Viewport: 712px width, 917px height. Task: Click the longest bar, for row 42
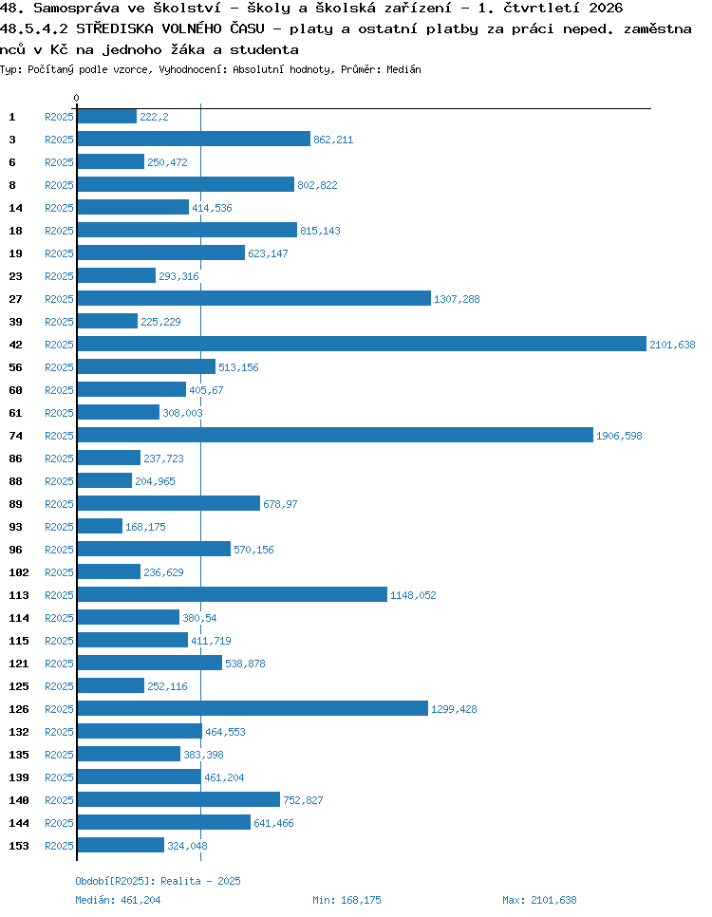pyautogui.click(x=362, y=344)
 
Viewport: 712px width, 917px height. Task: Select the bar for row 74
pyautogui.click(x=335, y=435)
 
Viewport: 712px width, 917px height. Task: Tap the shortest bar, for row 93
pyautogui.click(x=100, y=526)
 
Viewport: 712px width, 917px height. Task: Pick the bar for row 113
pyautogui.click(x=233, y=595)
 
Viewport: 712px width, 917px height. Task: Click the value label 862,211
pyautogui.click(x=333, y=140)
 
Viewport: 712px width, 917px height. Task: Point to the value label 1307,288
pyautogui.click(x=457, y=299)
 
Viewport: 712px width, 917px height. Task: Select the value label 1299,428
pyautogui.click(x=454, y=709)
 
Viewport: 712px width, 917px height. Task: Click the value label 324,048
pyautogui.click(x=187, y=846)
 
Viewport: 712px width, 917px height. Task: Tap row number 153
pyautogui.click(x=19, y=846)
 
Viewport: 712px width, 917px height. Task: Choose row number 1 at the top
pyautogui.click(x=11, y=117)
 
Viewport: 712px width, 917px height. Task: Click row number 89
pyautogui.click(x=15, y=504)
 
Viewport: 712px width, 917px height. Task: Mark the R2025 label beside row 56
pyautogui.click(x=59, y=367)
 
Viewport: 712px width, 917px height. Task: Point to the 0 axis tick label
pyautogui.click(x=76, y=99)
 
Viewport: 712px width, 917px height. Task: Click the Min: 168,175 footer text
pyautogui.click(x=347, y=900)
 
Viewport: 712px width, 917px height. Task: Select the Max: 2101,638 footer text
pyautogui.click(x=539, y=900)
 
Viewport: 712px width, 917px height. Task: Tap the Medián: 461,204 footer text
pyautogui.click(x=118, y=900)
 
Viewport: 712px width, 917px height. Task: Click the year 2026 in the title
pyautogui.click(x=606, y=9)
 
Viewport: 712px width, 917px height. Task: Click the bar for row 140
pyautogui.click(x=178, y=799)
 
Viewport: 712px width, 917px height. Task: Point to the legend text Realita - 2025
pyautogui.click(x=200, y=881)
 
